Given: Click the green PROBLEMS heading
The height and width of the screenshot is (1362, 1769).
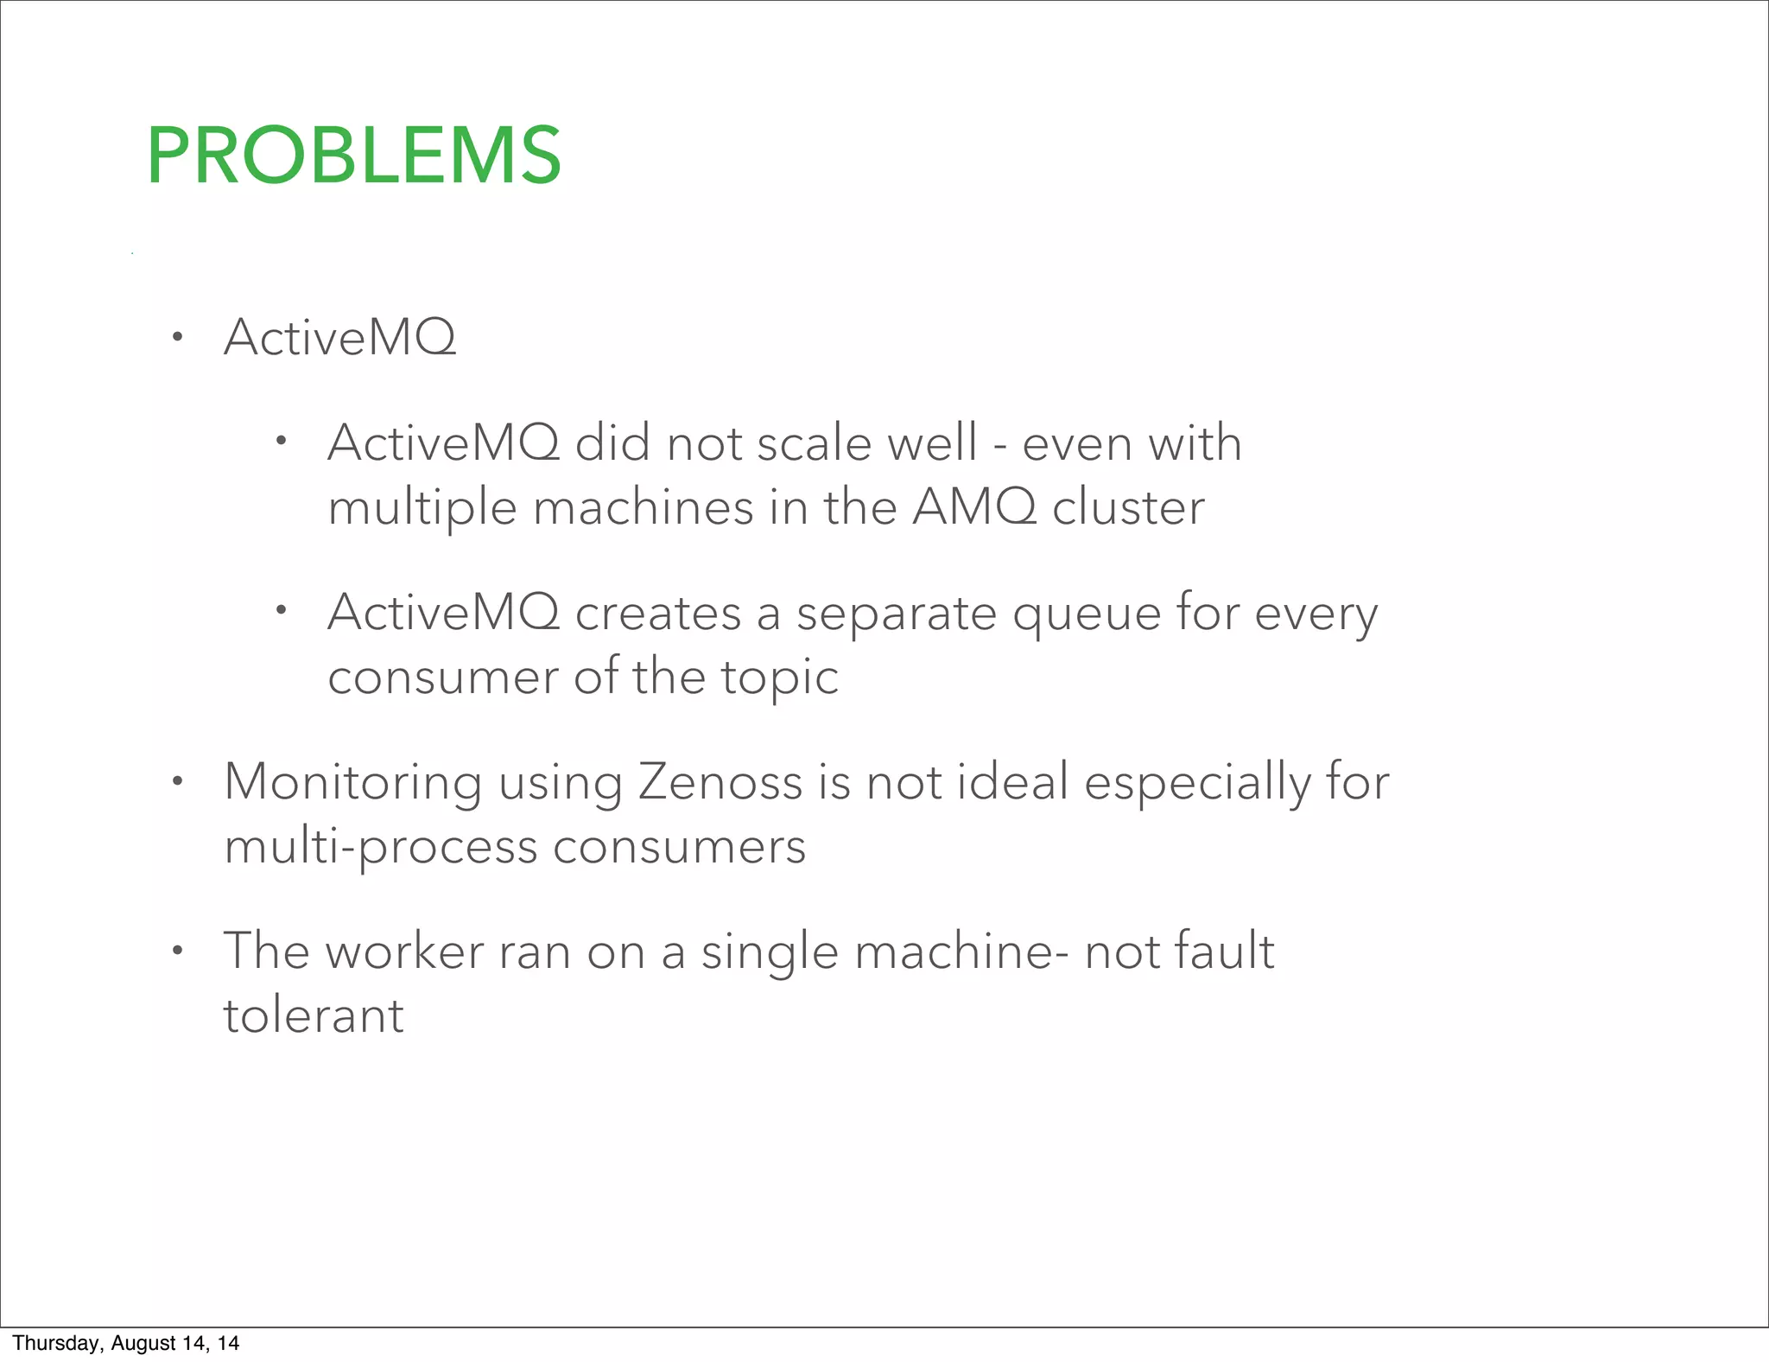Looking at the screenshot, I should click(354, 156).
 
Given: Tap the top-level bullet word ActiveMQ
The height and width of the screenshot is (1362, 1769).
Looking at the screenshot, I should click(339, 337).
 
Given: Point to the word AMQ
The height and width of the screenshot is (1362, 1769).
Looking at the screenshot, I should click(973, 507).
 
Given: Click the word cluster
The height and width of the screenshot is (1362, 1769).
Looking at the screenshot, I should click(1128, 507).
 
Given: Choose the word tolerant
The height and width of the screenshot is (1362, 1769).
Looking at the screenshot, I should click(314, 1015).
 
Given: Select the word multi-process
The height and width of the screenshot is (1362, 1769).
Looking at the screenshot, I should click(380, 847).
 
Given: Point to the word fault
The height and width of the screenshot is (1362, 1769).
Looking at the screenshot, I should click(1224, 951).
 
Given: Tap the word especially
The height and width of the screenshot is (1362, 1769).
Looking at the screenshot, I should click(1197, 785).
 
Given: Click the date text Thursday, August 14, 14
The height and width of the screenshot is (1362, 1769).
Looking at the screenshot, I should click(126, 1343).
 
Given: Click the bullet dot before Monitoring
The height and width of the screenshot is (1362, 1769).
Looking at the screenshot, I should click(177, 782).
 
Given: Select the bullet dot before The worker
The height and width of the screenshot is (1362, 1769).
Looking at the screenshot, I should click(177, 951).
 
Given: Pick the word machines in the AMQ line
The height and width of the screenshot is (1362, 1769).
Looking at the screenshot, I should click(644, 507).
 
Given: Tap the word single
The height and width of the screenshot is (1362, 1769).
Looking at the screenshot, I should click(769, 953).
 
